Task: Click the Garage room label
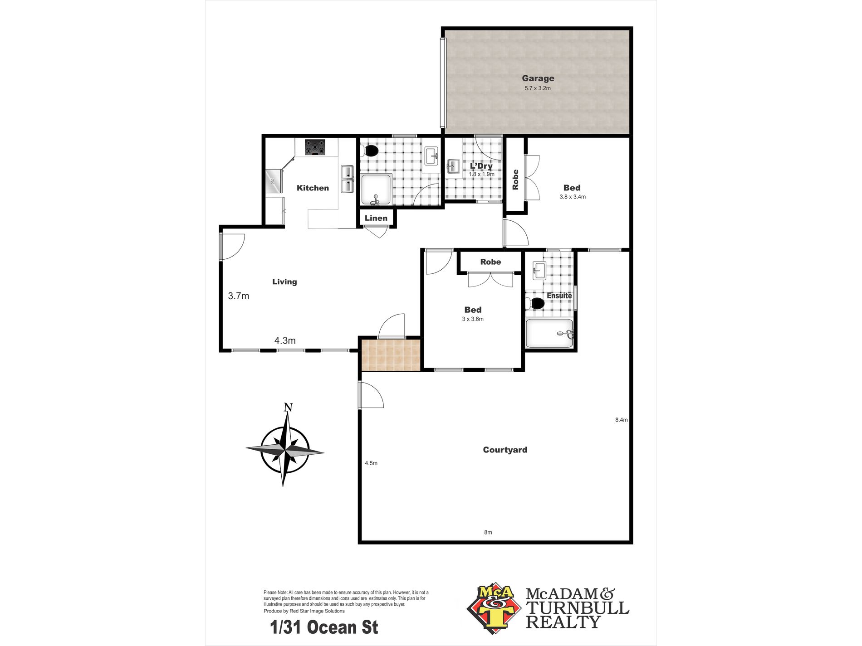[538, 78]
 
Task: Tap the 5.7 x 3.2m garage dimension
[538, 88]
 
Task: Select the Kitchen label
[313, 188]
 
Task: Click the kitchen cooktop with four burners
[315, 147]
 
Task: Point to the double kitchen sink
[347, 179]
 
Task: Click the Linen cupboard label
[376, 218]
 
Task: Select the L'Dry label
[481, 166]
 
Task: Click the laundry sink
[453, 166]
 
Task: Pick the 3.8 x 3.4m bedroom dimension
[573, 197]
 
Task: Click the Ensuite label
[559, 296]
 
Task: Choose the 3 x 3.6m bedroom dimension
[473, 319]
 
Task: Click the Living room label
[284, 282]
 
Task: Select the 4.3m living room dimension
[285, 340]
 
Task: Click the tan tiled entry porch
[391, 355]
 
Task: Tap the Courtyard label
[505, 450]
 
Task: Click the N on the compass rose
[288, 408]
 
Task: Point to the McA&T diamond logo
[495, 608]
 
